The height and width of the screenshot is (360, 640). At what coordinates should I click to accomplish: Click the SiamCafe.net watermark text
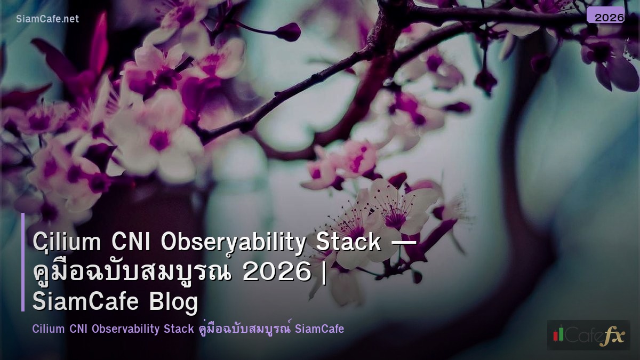click(x=47, y=19)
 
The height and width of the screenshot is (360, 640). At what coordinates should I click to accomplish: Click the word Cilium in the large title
click(x=67, y=243)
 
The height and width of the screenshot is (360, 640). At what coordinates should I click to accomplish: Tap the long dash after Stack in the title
click(x=403, y=243)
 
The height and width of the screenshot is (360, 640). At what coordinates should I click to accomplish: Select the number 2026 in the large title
click(x=276, y=273)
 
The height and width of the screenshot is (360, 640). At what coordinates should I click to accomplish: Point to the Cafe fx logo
click(x=588, y=335)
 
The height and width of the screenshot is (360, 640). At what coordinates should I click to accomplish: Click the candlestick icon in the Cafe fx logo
click(x=558, y=334)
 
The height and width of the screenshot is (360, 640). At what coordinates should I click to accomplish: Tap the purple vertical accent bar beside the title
click(x=23, y=262)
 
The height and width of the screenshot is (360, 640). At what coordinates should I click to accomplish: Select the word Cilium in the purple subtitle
click(x=49, y=329)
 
